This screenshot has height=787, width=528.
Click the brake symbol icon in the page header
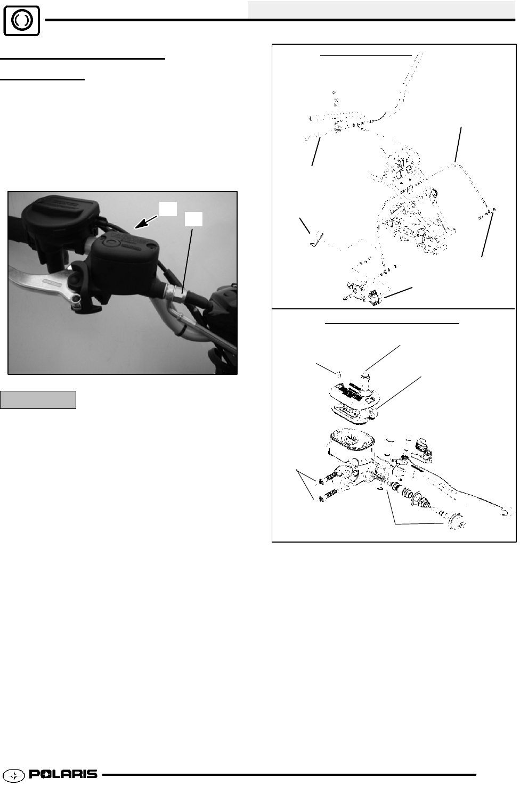21,20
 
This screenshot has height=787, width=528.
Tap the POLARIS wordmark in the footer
63,774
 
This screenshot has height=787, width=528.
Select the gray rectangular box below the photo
38,399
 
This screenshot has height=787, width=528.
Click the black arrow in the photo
146,223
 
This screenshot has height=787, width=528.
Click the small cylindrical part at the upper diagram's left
315,239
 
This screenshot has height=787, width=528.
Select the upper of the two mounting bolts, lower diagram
331,479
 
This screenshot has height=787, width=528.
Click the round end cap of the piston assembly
457,522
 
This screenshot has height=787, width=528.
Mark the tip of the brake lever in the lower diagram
506,511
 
